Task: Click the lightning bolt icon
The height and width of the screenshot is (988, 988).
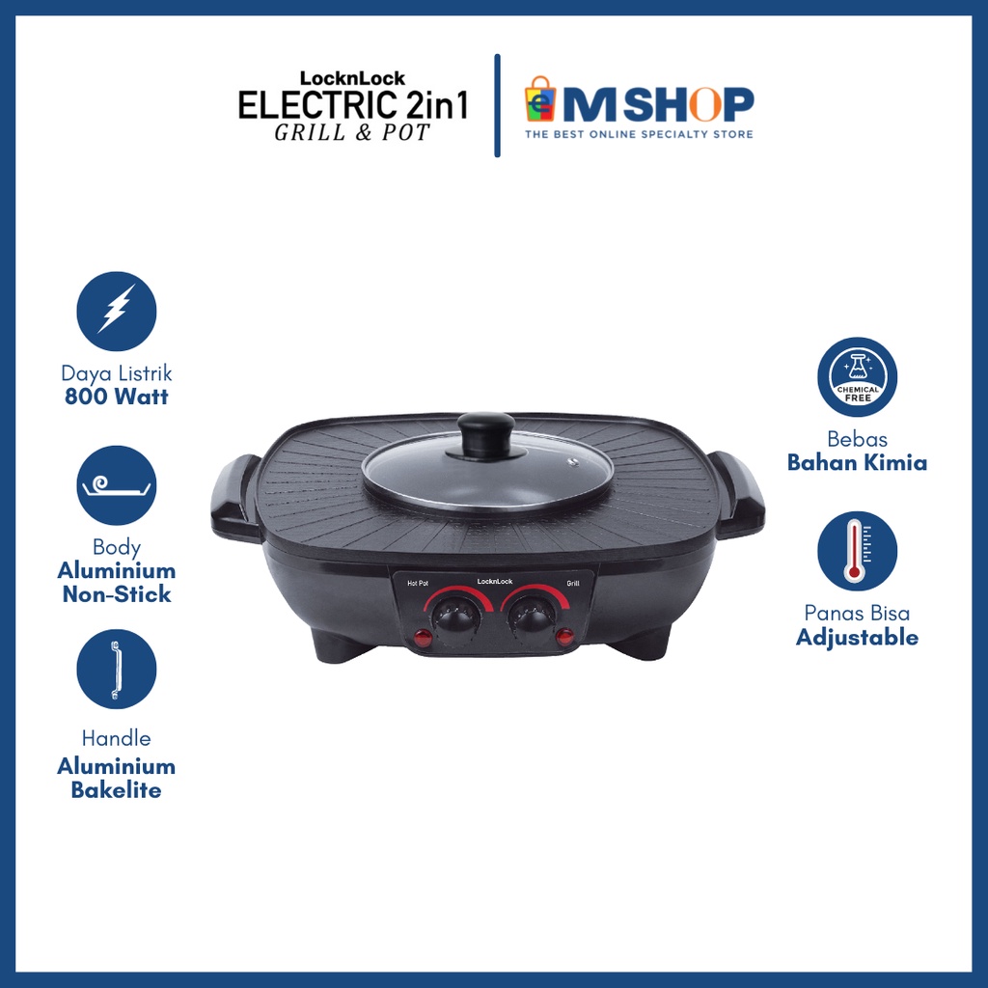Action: tap(116, 311)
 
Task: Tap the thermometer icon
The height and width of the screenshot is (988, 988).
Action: tap(857, 551)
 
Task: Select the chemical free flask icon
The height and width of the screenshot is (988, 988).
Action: tap(857, 376)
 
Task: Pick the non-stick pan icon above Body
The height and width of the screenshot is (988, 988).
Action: tap(116, 485)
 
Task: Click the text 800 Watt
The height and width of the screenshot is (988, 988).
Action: tap(116, 397)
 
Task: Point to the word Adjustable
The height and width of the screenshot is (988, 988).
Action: tap(857, 637)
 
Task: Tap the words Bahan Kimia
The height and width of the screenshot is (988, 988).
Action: tap(857, 462)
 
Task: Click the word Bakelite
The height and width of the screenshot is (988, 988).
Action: tap(116, 790)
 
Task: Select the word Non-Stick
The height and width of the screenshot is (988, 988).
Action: tap(116, 593)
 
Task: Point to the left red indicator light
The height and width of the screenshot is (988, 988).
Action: tap(422, 638)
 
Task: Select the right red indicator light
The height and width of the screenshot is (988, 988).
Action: tap(563, 637)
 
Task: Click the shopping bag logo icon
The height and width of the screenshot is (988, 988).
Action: tap(540, 101)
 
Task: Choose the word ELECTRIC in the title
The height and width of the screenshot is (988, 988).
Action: tap(310, 105)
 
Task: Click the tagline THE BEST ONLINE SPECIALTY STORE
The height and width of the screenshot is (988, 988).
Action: tap(638, 134)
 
